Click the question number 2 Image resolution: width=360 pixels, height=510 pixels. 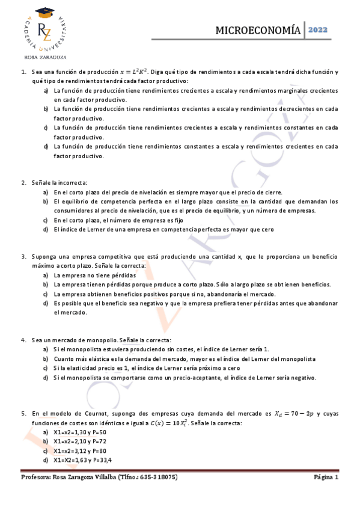[23, 182]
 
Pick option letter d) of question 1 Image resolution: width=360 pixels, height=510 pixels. [46, 147]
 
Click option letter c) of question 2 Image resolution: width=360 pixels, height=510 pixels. [46, 220]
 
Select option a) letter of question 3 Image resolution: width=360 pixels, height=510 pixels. [46, 275]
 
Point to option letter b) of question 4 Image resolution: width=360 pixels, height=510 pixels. [46, 358]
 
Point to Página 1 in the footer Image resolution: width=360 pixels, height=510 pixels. [326, 477]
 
